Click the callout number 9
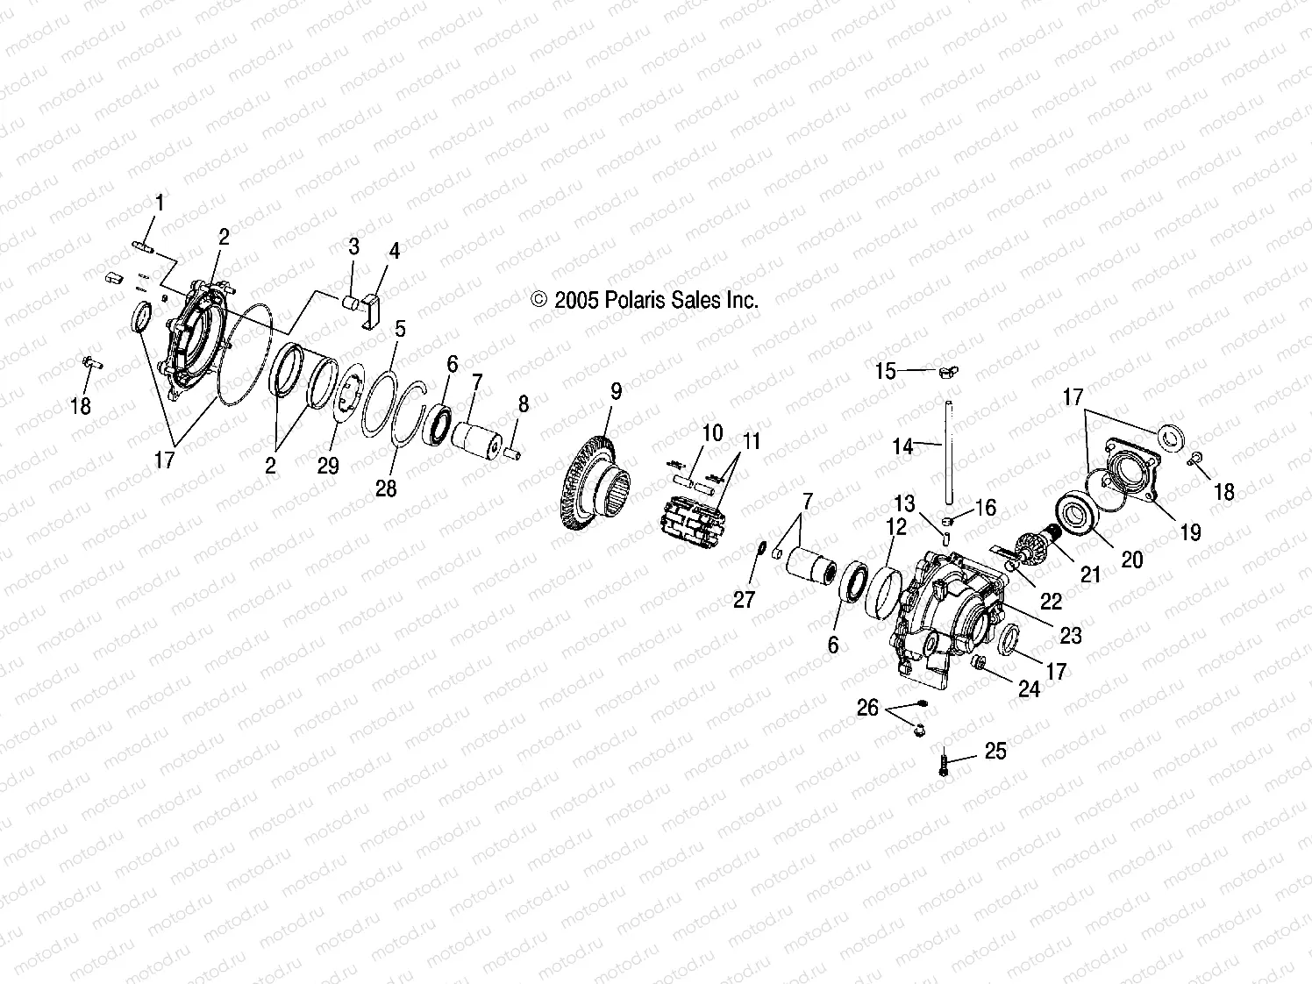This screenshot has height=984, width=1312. coord(616,391)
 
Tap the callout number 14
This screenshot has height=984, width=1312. coord(902,446)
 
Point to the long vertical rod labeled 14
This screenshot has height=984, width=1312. coord(947,447)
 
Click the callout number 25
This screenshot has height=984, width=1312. coord(995,752)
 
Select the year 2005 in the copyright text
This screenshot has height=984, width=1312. coord(576,300)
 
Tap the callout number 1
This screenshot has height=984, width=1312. coord(160,203)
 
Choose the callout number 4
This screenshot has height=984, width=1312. coord(395,252)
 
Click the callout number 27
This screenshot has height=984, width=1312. coord(744,600)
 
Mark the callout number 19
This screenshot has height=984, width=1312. coord(1191,531)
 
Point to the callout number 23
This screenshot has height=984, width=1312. coord(1071,635)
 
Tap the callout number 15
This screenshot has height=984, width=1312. coord(886,371)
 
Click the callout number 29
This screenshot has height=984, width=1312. coord(328,466)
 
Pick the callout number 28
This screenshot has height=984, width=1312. coord(386,488)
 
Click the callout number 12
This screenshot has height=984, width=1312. coord(896,526)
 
